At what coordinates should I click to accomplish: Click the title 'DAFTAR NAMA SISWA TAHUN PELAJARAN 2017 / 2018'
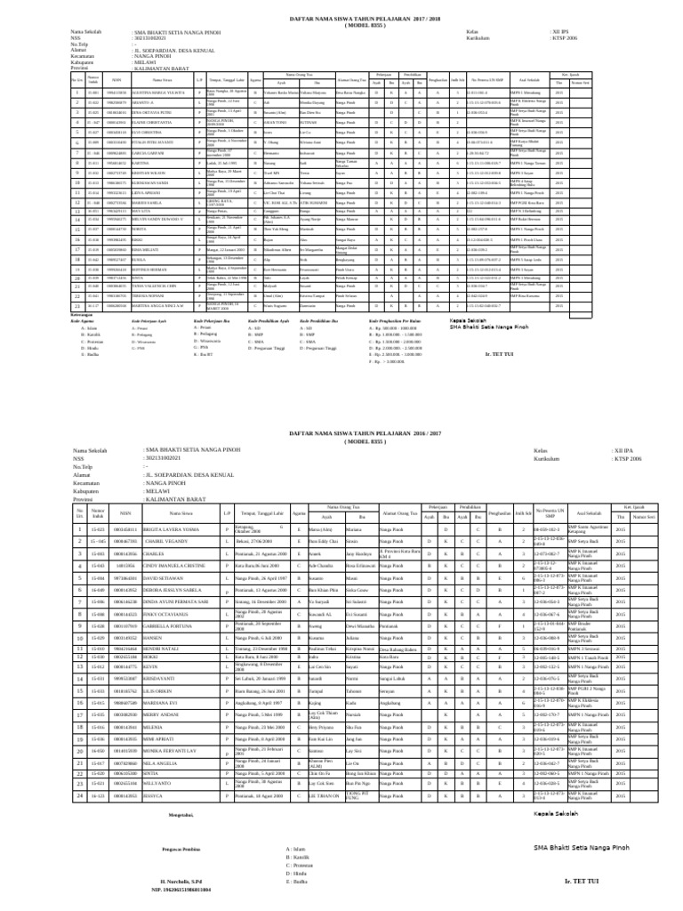click(x=341, y=17)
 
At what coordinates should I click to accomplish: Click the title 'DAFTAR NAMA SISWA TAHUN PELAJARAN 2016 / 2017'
click(x=341, y=431)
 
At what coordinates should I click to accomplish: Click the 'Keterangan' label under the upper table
click(x=84, y=314)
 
